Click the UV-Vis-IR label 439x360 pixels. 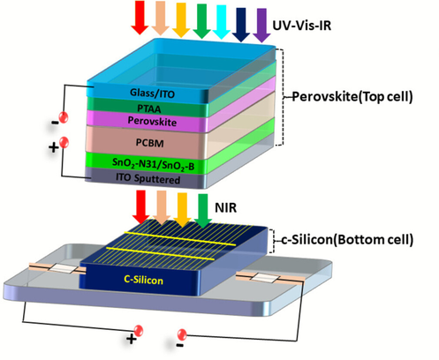[302, 26]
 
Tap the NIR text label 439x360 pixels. [225, 207]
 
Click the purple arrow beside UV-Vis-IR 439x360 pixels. [261, 26]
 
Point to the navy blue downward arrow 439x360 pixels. [241, 25]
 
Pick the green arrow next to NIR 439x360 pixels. [203, 211]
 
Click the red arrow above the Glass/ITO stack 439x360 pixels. [140, 18]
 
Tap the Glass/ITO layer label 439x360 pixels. [152, 94]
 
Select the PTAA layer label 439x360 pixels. [149, 109]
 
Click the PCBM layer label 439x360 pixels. [149, 143]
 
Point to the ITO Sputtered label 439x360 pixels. [148, 178]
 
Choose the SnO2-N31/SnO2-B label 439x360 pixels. [153, 165]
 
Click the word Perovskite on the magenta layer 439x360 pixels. [152, 121]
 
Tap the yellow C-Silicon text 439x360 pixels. [143, 280]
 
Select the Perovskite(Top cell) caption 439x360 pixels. [352, 96]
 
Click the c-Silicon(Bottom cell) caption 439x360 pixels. [347, 240]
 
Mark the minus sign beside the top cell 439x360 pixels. [55, 123]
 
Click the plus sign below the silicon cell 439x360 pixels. [132, 339]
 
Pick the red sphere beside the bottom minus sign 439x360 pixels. [182, 334]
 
